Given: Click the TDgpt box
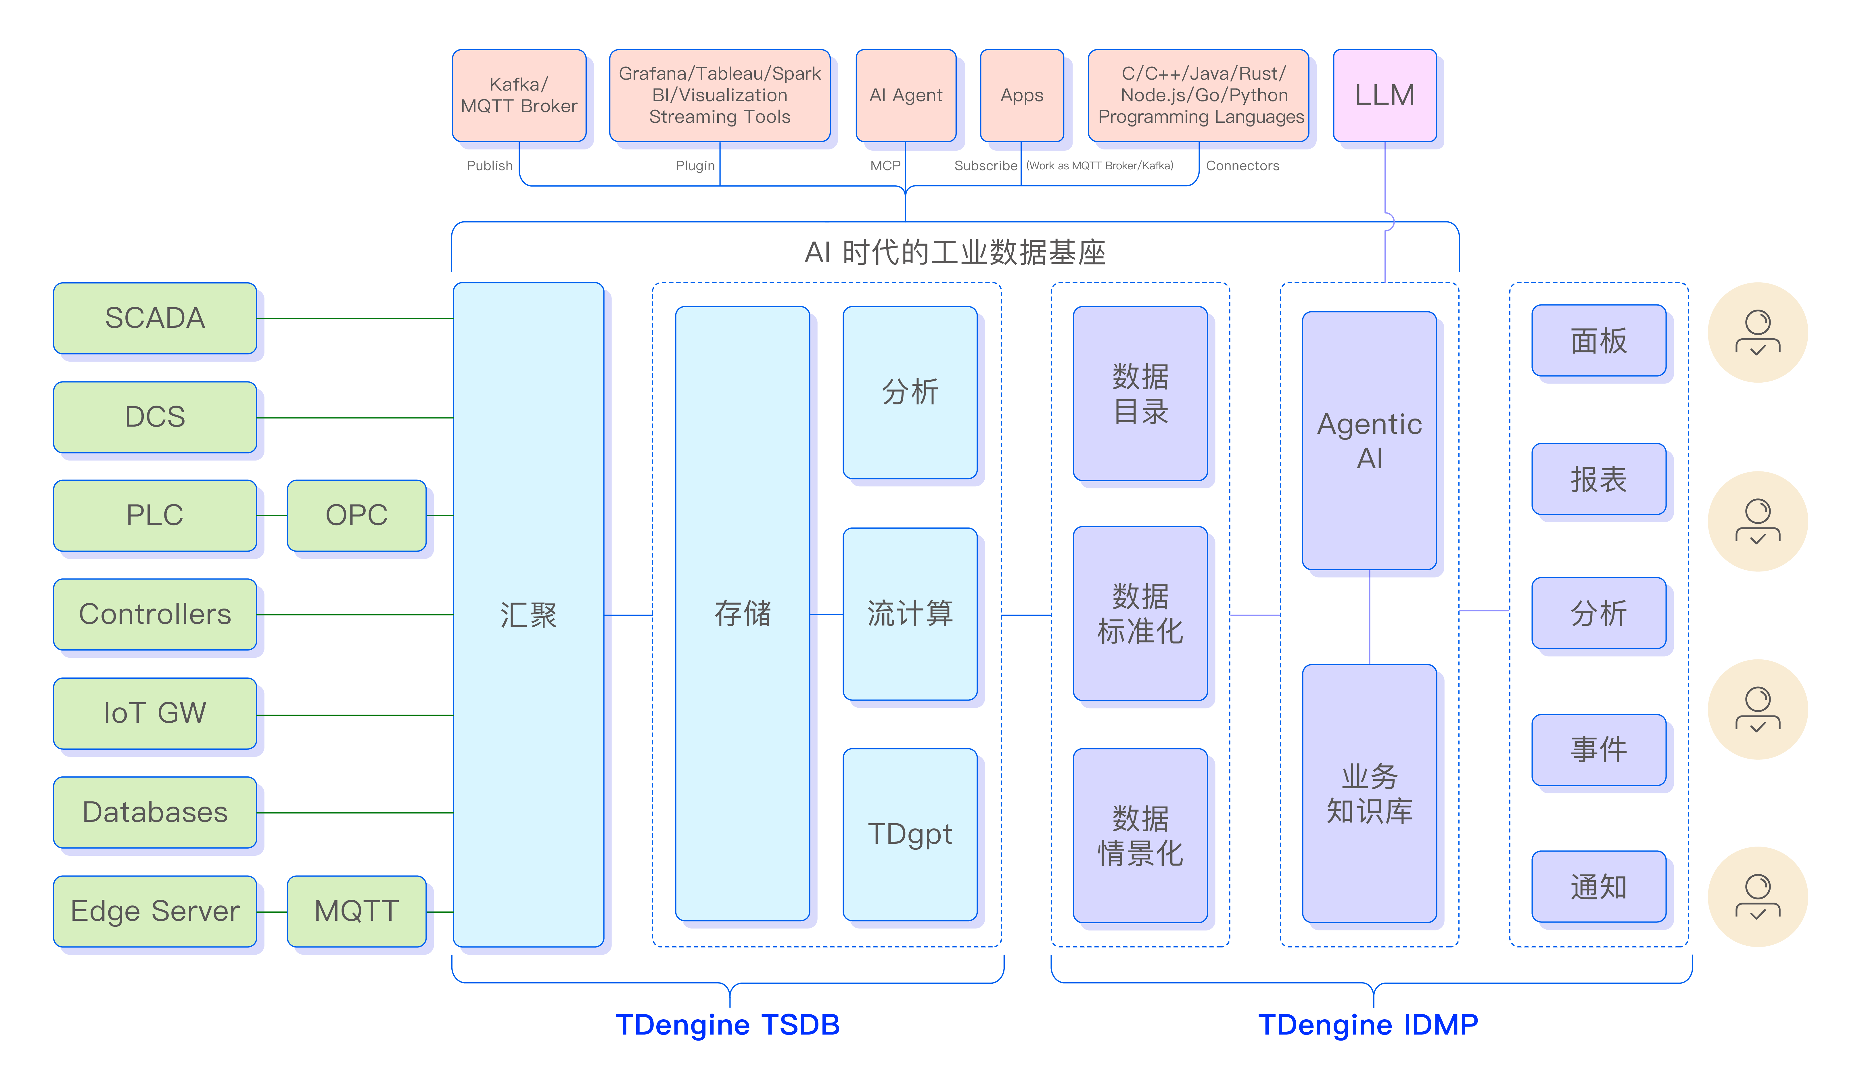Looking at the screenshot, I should (x=910, y=834).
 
